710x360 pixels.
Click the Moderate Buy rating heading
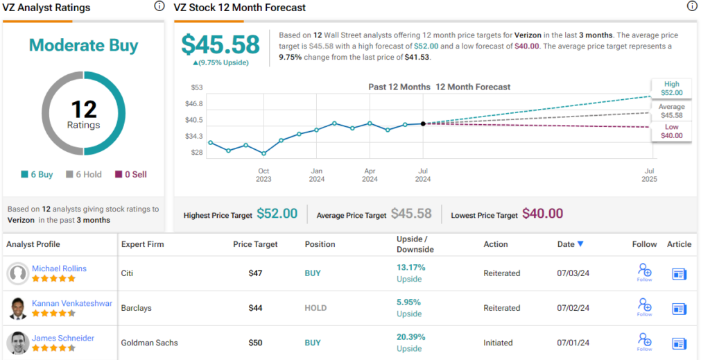tap(83, 46)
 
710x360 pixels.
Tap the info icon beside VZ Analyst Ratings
tap(159, 6)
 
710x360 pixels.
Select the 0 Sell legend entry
tap(131, 175)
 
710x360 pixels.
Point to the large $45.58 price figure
tap(220, 45)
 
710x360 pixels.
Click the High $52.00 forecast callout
tap(671, 88)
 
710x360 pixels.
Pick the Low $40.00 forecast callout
tap(671, 131)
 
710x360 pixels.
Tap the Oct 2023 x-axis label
tap(263, 175)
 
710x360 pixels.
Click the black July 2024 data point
tap(423, 123)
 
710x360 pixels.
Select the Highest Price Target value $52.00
tap(277, 214)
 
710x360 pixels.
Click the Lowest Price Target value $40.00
tap(542, 214)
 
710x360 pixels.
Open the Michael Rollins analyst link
tap(59, 268)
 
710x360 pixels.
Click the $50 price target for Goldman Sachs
tap(256, 343)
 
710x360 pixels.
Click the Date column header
tap(571, 244)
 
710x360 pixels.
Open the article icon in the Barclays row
tap(679, 309)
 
